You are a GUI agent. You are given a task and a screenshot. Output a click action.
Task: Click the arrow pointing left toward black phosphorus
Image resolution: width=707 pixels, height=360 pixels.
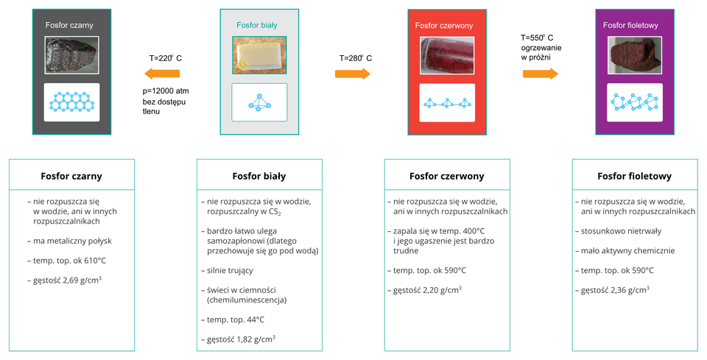[x=162, y=74]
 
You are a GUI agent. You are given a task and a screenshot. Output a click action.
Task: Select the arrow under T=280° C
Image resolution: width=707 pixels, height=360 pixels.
[x=353, y=74]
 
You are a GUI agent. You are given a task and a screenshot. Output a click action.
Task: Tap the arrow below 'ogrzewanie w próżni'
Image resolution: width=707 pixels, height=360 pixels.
[x=540, y=74]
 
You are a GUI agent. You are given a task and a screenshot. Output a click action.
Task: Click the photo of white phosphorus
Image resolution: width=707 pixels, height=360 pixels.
[x=259, y=55]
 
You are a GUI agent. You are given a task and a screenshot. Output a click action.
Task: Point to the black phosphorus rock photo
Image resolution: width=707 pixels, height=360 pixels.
[x=71, y=55]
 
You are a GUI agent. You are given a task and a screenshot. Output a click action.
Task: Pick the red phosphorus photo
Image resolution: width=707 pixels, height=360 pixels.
[x=447, y=55]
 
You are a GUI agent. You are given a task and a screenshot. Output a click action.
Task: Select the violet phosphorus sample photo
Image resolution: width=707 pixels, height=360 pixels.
[x=635, y=55]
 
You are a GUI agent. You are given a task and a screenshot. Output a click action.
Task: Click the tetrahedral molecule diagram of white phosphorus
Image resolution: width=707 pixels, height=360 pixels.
[x=259, y=103]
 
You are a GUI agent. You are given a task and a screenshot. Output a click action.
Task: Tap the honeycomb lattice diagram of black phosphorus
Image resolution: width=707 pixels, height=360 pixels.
[x=71, y=102]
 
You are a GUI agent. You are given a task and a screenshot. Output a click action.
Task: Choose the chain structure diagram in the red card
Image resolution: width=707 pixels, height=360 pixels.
[x=447, y=103]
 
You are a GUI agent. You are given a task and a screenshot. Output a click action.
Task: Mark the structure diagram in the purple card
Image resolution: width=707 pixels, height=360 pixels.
[x=635, y=102]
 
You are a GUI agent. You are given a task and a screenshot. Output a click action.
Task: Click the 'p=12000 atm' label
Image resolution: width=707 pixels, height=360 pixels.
[x=166, y=91]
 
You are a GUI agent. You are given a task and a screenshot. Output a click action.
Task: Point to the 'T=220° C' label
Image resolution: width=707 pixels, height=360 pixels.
[x=166, y=58]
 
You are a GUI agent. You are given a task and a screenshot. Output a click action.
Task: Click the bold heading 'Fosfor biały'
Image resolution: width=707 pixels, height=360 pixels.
[x=259, y=176]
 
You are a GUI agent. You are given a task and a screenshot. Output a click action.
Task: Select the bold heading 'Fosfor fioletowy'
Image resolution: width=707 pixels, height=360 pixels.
[x=634, y=176]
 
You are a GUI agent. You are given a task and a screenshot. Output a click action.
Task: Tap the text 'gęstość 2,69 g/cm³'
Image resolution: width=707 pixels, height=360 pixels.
[x=65, y=280]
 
